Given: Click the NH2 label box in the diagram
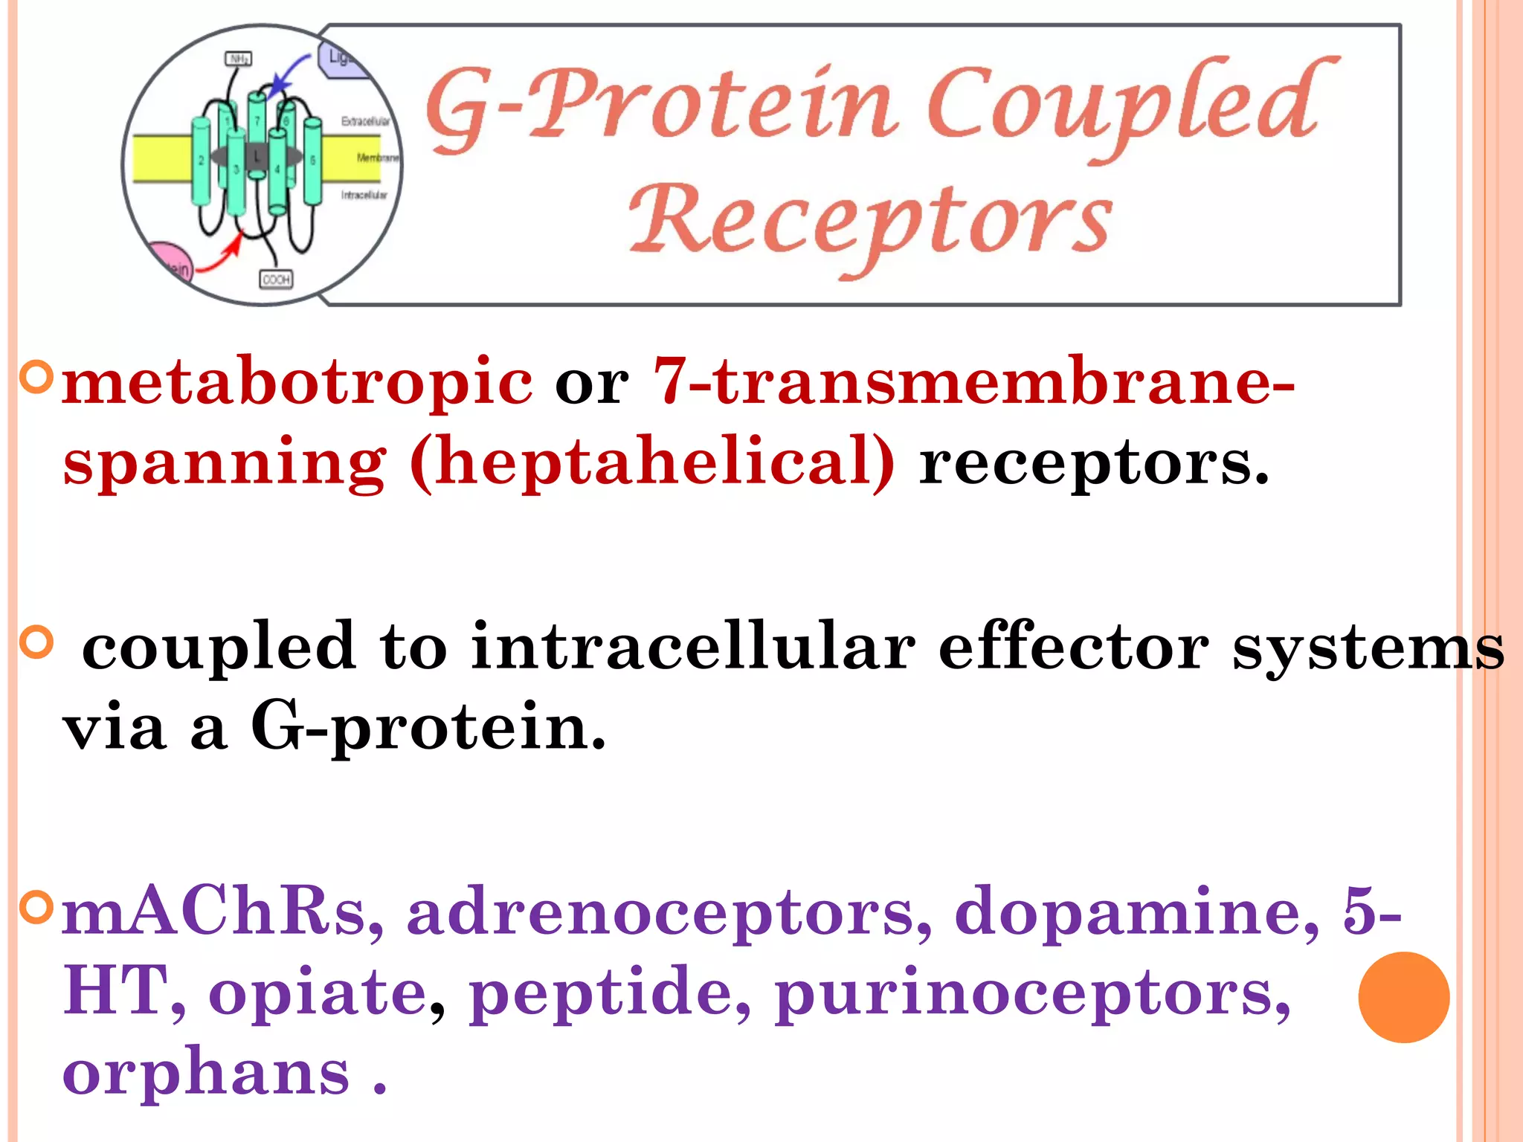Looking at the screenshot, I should pos(239,59).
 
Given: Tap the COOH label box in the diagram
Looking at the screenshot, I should pos(276,280).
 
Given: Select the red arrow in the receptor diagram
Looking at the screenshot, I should pos(220,257).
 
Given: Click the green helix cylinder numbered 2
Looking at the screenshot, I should pos(202,161).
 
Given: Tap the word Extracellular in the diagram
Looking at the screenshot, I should pos(365,121).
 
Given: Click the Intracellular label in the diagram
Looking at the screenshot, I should pos(364,195).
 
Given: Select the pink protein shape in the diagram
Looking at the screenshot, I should pos(170,262).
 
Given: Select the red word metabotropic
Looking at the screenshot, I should pos(297,381).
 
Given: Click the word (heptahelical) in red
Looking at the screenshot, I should pos(652,462).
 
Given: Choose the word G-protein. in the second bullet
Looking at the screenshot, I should pos(428,726).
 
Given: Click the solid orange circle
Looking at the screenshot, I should pos(1403,997).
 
